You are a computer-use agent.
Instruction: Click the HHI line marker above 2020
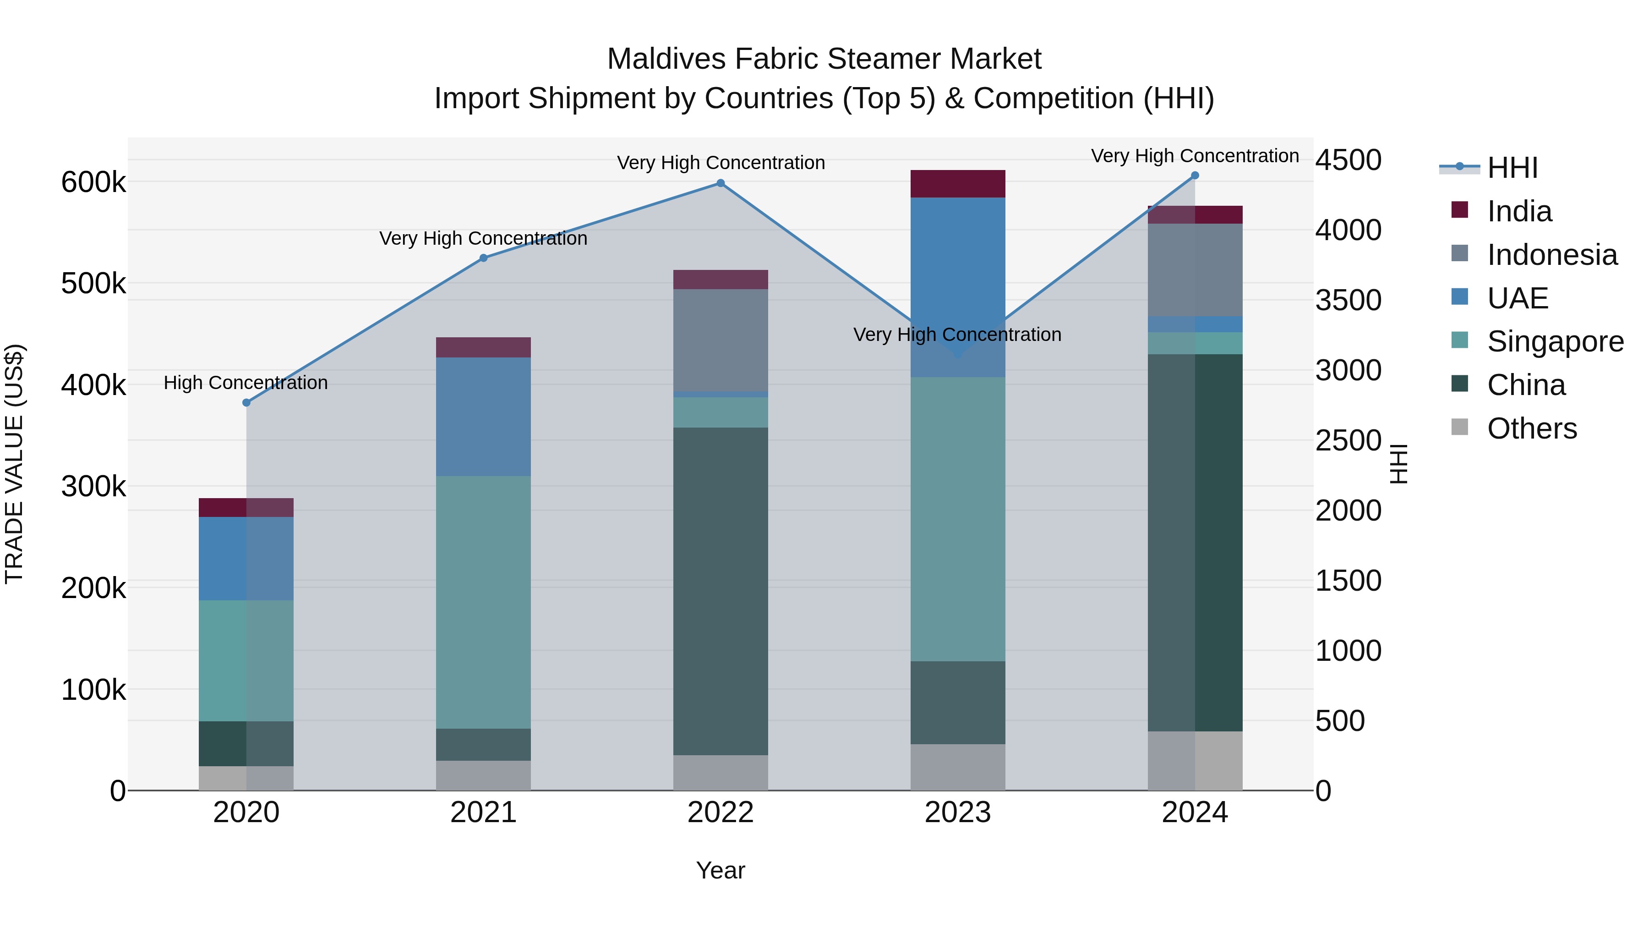click(246, 403)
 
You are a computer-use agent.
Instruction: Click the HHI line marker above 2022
click(720, 183)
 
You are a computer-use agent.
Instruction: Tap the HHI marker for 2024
click(1195, 176)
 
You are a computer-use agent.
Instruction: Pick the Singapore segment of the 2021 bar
click(483, 602)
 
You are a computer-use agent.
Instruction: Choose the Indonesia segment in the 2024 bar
click(1195, 269)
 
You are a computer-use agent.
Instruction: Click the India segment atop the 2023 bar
click(958, 184)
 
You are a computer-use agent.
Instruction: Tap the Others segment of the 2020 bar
click(246, 778)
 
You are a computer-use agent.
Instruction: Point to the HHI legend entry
click(1512, 168)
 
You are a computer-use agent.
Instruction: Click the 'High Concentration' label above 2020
click(246, 383)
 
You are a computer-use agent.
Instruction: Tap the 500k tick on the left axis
click(93, 284)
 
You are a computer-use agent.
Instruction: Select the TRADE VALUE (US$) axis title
click(14, 464)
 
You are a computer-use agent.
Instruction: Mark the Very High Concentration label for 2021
click(483, 238)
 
